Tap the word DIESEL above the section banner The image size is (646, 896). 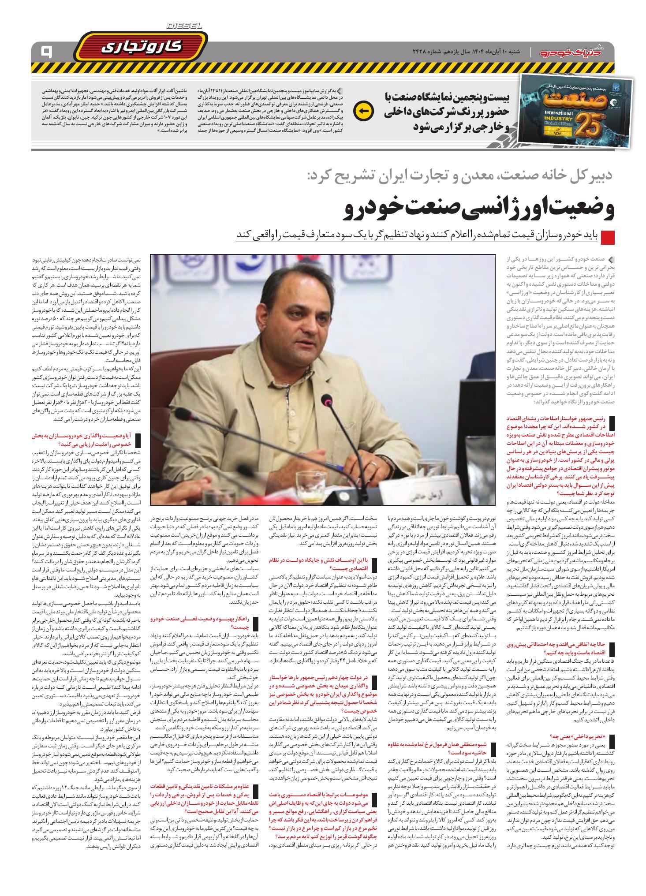point(184,26)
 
